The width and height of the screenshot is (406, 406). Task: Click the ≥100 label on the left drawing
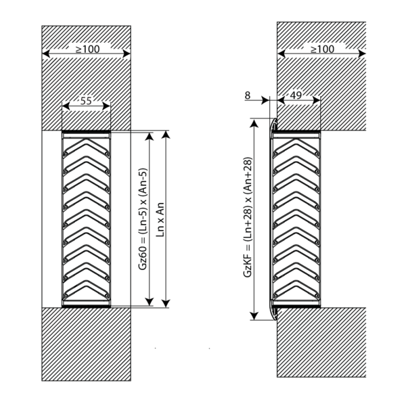(87, 49)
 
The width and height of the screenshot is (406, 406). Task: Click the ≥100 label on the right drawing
(322, 49)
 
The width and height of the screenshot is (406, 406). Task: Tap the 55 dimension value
(86, 101)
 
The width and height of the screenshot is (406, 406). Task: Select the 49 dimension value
(296, 95)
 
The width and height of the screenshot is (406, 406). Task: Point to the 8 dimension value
(248, 95)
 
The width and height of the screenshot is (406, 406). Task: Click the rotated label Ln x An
(160, 219)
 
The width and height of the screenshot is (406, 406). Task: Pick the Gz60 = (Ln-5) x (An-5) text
(143, 219)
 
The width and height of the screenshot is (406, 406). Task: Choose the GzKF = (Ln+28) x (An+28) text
(248, 217)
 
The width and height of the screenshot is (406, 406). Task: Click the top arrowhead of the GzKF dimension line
(254, 122)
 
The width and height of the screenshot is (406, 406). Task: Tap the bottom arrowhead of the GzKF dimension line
(254, 316)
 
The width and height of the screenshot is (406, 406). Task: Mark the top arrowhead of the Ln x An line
(166, 135)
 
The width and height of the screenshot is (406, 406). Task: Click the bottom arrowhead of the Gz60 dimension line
(150, 302)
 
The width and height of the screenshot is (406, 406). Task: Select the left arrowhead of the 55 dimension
(66, 106)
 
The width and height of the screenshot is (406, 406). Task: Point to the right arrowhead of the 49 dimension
(317, 100)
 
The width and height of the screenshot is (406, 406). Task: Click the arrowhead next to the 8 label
(265, 100)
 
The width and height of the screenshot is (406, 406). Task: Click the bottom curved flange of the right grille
(273, 310)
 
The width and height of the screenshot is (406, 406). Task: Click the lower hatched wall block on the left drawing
(86, 344)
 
